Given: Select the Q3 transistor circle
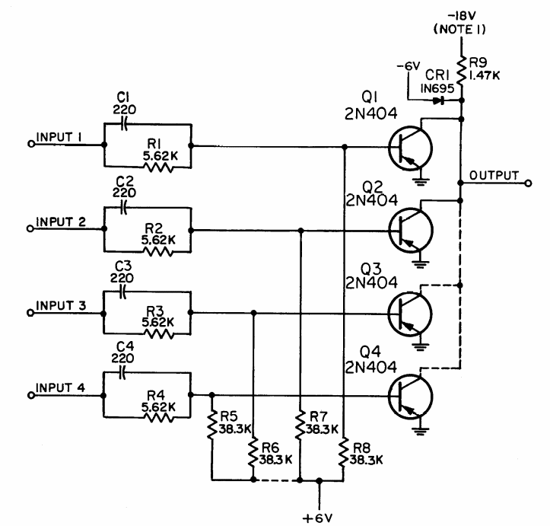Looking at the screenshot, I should coord(411,311).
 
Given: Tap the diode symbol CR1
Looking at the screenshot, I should coord(440,100).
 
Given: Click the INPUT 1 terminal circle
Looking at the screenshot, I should coord(30,143).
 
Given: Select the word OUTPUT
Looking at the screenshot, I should coord(494,175).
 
